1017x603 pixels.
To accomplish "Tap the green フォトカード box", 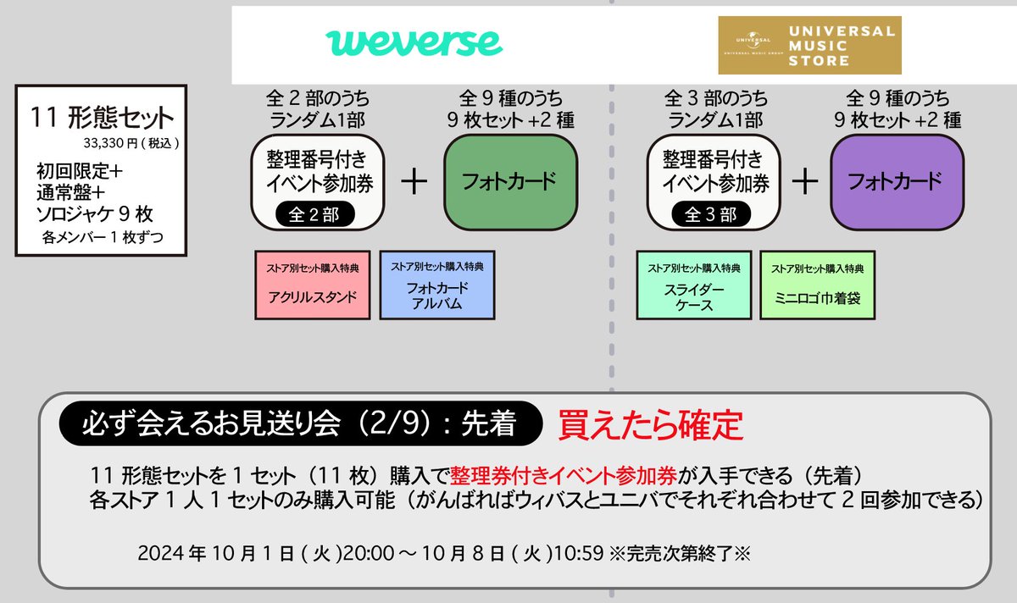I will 510,181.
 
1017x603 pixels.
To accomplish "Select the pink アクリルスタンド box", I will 313,284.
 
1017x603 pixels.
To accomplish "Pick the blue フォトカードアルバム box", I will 437,284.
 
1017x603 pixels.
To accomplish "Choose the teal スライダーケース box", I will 693,284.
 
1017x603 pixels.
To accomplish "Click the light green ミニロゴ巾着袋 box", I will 817,284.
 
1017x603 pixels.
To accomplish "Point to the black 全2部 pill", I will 314,215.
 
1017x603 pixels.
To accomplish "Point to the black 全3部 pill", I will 709,215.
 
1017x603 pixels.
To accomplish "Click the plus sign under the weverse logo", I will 414,182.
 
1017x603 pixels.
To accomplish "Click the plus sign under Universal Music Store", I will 804,182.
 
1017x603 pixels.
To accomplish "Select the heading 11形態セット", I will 101,118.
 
